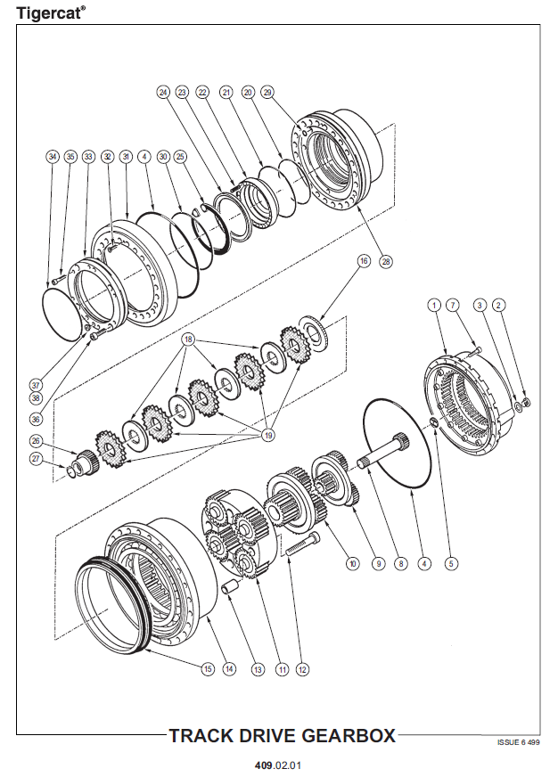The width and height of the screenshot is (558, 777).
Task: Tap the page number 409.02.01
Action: pyautogui.click(x=278, y=765)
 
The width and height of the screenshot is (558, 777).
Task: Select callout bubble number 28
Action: pyautogui.click(x=386, y=262)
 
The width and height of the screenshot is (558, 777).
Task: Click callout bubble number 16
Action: pyautogui.click(x=363, y=261)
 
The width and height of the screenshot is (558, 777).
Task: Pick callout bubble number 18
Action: pyautogui.click(x=188, y=340)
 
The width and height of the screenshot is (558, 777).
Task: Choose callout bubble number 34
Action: pyautogui.click(x=52, y=157)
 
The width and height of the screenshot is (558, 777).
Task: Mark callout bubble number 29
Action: pyautogui.click(x=267, y=93)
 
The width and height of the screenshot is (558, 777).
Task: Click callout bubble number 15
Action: pyautogui.click(x=207, y=668)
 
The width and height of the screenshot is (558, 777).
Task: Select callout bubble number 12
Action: pyautogui.click(x=302, y=668)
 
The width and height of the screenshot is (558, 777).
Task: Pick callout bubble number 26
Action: pyautogui.click(x=36, y=440)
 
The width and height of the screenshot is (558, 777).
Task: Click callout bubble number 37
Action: pyautogui.click(x=36, y=386)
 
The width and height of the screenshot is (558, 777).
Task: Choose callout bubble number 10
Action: pyautogui.click(x=352, y=563)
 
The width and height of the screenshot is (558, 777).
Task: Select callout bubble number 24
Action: pyautogui.click(x=163, y=93)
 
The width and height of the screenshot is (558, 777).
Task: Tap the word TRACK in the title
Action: pyautogui.click(x=207, y=736)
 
